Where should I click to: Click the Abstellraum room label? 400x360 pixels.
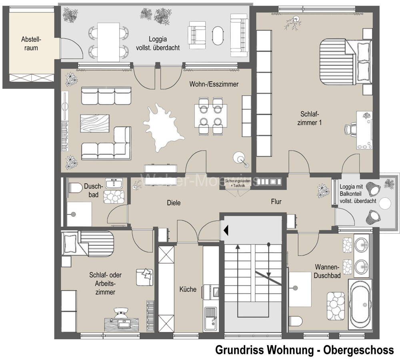[x=31, y=44]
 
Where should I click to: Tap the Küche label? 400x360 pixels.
[x=188, y=289]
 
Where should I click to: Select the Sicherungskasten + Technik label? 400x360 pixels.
[x=238, y=183]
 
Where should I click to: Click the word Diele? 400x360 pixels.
[x=174, y=203]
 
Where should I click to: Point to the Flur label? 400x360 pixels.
[x=276, y=202]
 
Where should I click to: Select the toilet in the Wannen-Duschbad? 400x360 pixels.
[x=296, y=321]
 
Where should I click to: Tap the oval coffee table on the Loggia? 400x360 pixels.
[x=218, y=36]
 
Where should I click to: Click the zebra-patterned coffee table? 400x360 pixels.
[x=95, y=123]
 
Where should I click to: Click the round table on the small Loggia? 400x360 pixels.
[x=385, y=203]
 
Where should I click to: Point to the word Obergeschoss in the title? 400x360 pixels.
[x=358, y=350]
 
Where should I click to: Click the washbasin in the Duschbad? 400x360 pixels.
[x=114, y=183]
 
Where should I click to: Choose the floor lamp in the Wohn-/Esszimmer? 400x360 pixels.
[x=241, y=159]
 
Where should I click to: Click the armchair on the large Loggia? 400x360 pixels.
[x=197, y=35]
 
